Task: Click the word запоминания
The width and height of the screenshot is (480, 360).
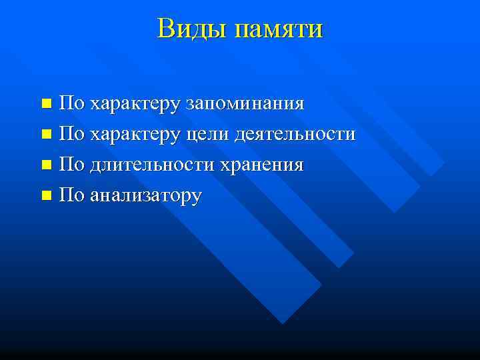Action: (245, 104)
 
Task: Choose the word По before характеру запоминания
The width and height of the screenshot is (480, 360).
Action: (71, 103)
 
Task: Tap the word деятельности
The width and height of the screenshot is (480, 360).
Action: (295, 135)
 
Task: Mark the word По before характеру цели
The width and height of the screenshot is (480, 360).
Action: (71, 134)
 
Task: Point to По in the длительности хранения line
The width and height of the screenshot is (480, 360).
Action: (71, 165)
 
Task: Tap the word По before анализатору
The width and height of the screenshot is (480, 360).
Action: (71, 195)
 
